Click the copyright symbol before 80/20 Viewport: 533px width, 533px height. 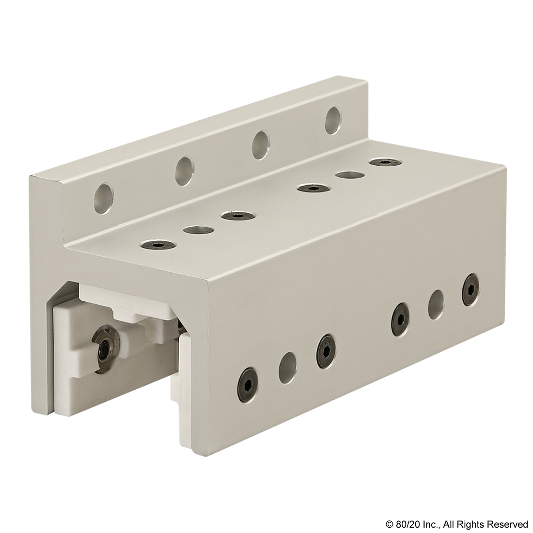pos(390,524)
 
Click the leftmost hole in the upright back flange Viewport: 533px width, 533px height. pos(104,199)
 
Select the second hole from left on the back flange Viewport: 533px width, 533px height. pos(184,171)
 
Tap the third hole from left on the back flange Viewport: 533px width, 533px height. pos(260,145)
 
